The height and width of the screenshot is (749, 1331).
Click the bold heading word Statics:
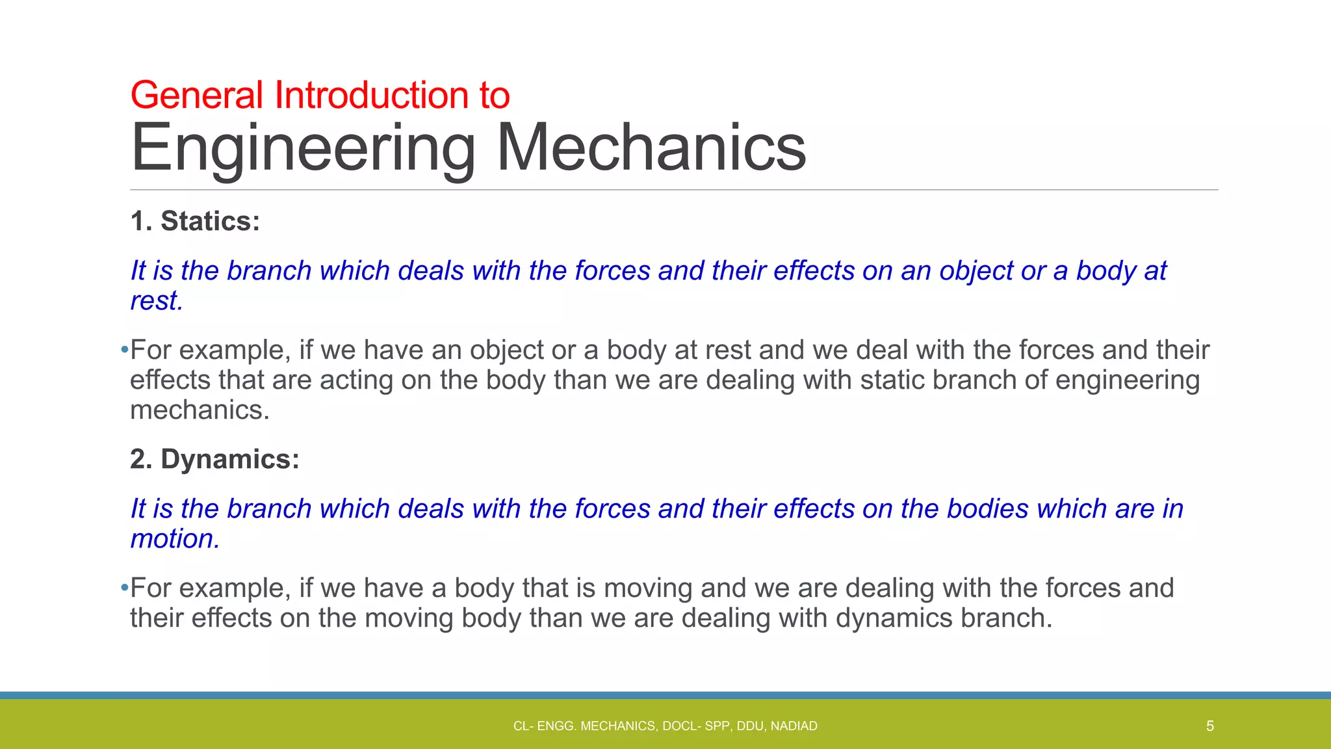coord(210,221)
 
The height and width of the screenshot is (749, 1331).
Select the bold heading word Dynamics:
coord(230,459)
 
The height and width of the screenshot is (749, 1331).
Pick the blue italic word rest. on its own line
coord(157,301)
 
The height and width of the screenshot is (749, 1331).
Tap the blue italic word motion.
coord(175,539)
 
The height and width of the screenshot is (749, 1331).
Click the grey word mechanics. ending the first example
coord(200,410)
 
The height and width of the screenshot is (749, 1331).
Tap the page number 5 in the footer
coord(1209,726)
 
